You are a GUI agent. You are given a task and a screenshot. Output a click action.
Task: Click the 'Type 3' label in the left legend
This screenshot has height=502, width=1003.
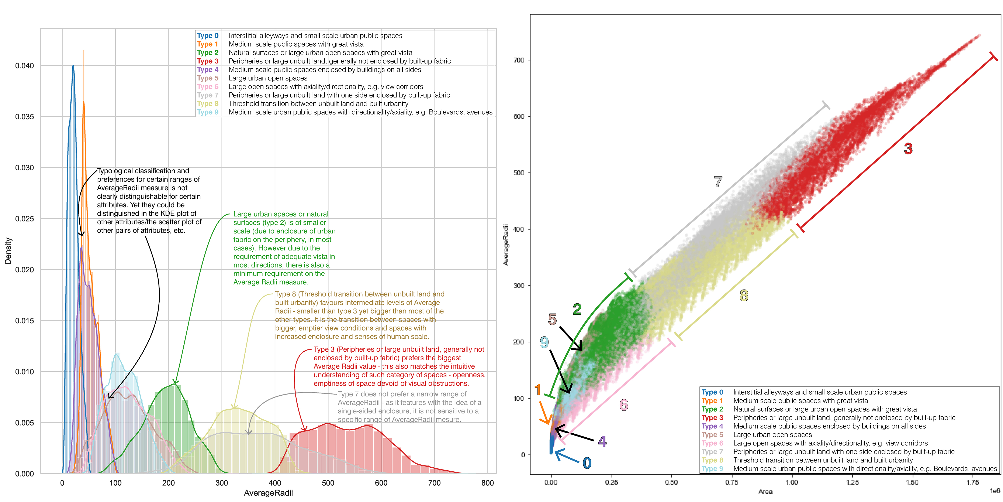click(x=208, y=61)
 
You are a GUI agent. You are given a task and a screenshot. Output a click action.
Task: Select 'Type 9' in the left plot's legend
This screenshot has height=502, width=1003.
click(x=208, y=112)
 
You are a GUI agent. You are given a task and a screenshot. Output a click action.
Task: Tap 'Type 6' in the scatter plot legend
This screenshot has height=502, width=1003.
click(x=712, y=443)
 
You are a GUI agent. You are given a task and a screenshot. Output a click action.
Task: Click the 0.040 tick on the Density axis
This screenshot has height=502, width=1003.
click(x=25, y=65)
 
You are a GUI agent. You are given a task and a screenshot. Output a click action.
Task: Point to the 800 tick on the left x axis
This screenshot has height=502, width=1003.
click(x=487, y=483)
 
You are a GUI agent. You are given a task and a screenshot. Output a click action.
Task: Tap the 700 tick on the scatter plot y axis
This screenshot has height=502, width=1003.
click(x=519, y=60)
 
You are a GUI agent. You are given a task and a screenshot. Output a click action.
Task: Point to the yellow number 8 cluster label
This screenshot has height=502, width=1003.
click(x=744, y=296)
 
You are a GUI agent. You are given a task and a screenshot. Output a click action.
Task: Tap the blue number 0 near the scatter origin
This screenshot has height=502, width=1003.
click(x=587, y=463)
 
